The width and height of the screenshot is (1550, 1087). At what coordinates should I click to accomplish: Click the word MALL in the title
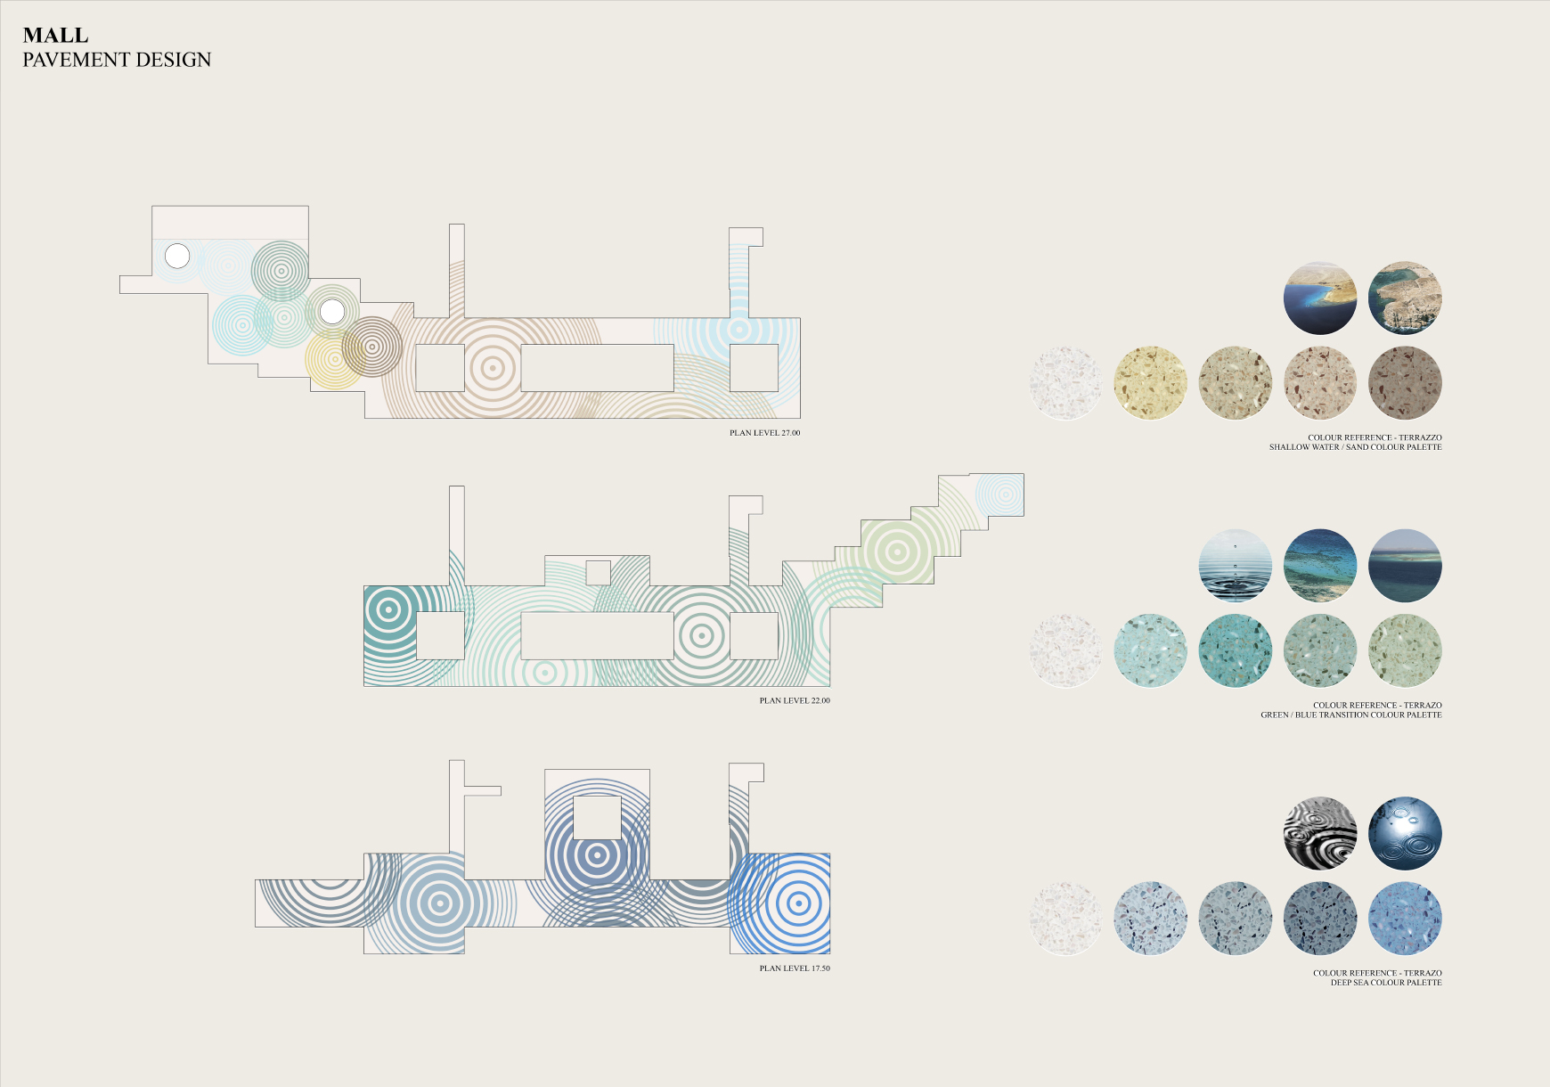55,36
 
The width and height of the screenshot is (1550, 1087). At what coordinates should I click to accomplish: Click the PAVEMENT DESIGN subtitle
117,60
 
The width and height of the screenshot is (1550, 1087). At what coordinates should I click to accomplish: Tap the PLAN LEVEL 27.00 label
764,433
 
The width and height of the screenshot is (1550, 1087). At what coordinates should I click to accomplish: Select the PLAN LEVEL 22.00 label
795,700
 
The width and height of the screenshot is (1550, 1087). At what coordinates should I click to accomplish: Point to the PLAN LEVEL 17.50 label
795,968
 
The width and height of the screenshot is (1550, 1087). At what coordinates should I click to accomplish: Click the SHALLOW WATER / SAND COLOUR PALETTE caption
1355,447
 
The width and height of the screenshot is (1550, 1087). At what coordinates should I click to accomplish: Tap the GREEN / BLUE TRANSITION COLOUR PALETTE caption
1351,715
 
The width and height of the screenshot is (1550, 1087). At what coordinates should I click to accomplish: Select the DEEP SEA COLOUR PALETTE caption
1386,983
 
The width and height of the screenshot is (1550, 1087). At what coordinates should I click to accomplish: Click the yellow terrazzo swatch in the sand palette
1150,383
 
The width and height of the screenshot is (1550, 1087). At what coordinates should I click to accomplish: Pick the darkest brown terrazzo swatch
1405,383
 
